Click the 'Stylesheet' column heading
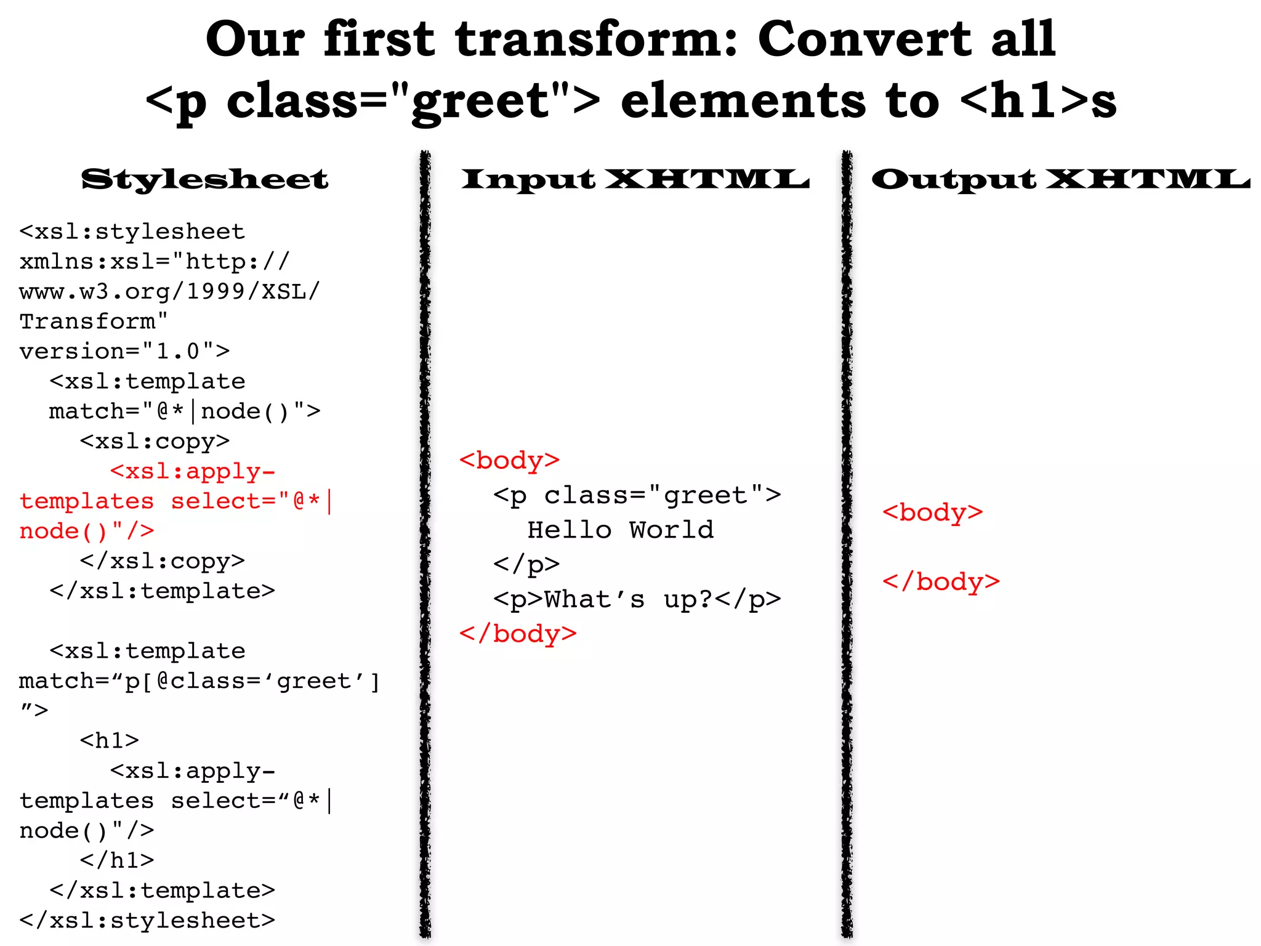pos(204,179)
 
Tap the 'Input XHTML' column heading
pos(635,179)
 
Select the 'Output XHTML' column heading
pos(1060,179)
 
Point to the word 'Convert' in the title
pos(863,39)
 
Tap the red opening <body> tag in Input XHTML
pos(509,460)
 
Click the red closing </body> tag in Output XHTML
pos(941,581)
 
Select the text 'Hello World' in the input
pos(621,530)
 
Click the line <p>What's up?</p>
pos(637,599)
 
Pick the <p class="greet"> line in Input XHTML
pos(637,495)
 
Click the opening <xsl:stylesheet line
pos(132,232)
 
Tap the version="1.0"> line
pos(124,351)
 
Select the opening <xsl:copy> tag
pos(155,441)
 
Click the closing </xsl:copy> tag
pos(162,561)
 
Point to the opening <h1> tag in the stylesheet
pos(110,740)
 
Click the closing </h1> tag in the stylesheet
pos(117,860)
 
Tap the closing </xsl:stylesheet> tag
pos(147,920)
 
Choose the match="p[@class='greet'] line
pos(199,681)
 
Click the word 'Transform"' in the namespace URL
pos(94,321)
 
